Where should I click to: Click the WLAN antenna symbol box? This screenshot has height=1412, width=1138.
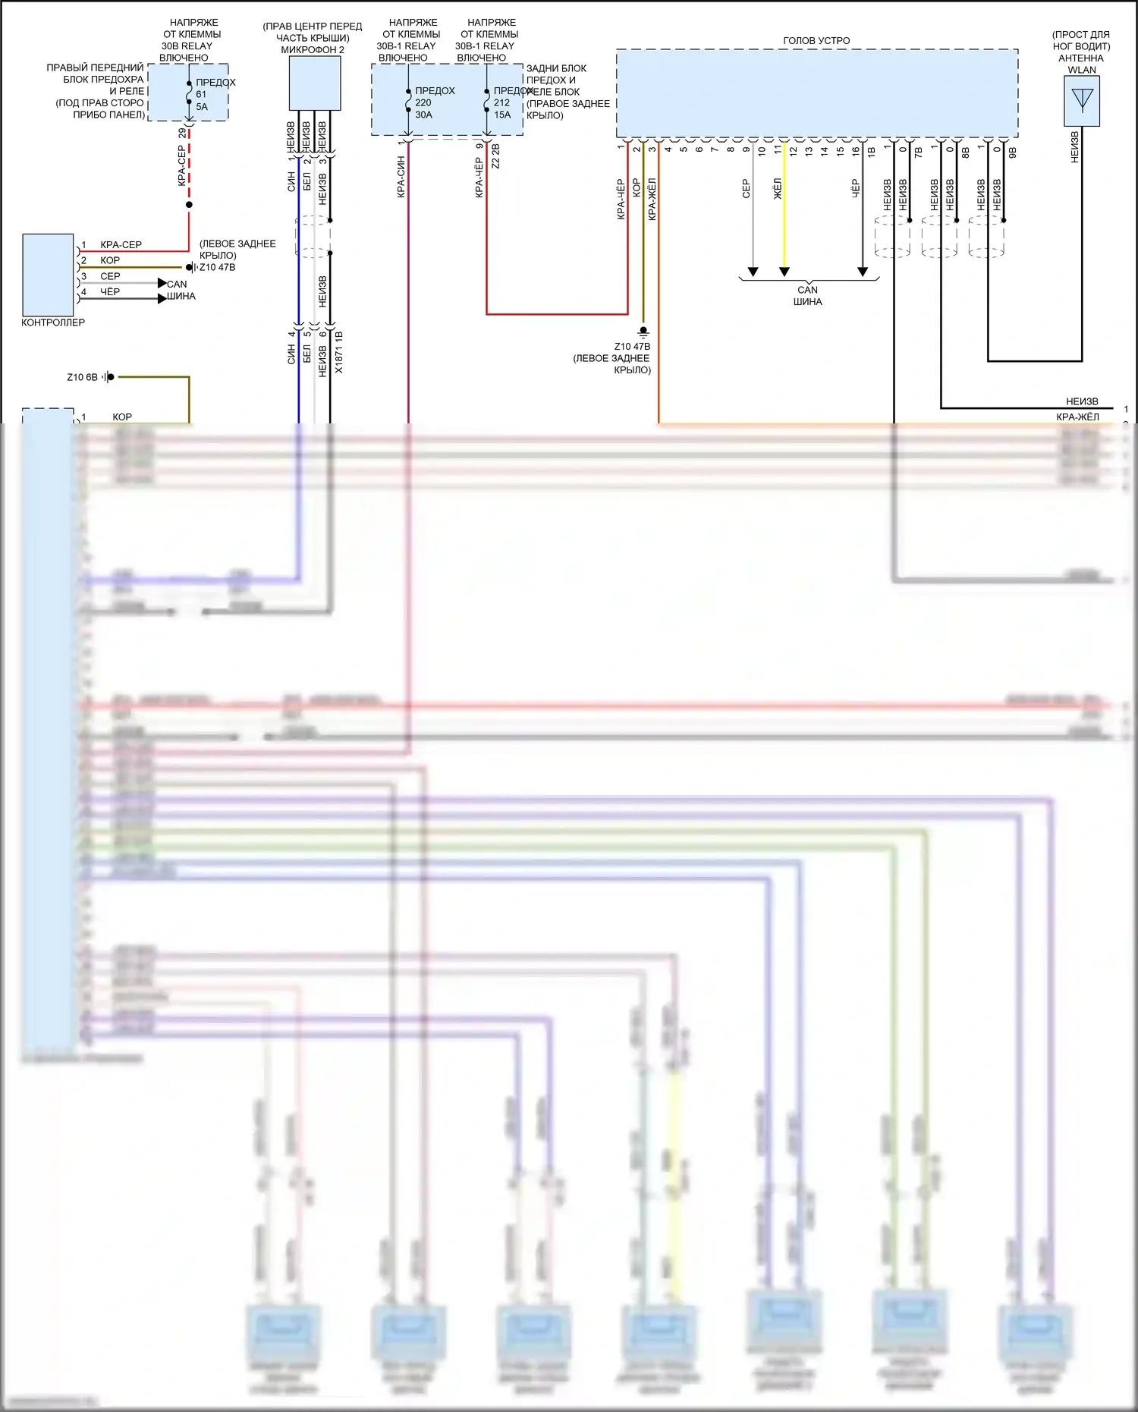pos(1081,101)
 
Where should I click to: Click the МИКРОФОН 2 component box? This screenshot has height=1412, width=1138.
pos(314,83)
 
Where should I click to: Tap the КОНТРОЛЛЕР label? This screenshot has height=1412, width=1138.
pos(53,322)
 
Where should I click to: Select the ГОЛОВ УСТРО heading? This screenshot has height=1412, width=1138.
pos(816,40)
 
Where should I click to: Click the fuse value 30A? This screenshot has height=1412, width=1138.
pos(423,115)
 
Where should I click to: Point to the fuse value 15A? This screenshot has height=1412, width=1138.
pos(502,115)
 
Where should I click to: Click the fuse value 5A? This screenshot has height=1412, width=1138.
pos(202,107)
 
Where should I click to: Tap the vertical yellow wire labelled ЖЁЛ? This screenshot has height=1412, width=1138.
pos(784,228)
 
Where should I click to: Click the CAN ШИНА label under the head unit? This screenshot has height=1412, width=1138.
pos(807,295)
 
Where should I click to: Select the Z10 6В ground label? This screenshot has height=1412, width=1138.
pos(82,377)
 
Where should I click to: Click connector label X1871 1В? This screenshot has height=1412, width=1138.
pos(339,352)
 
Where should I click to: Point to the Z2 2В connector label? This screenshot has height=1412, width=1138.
pos(495,156)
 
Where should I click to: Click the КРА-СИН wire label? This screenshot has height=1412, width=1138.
pos(401,178)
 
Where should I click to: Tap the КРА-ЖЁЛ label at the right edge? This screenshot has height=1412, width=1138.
pos(1077,417)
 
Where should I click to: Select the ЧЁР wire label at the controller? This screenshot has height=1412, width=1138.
pos(110,291)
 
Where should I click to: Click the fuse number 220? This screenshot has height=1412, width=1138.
pos(423,102)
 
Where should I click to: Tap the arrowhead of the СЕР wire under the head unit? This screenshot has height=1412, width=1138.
pos(753,272)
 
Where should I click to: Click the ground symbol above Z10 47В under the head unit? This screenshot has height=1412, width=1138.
pos(643,332)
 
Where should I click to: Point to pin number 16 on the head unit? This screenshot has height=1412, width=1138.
pos(856,150)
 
